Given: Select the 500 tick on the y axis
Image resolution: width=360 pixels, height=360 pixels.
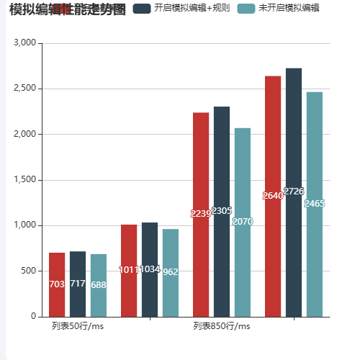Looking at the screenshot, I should point(28,271).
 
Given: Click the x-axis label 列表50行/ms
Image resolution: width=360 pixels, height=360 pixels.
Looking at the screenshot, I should point(78,326).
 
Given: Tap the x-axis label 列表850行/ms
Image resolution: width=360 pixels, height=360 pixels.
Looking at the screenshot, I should point(222,326).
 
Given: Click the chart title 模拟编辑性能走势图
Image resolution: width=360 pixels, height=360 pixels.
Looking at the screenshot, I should point(67,9).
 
